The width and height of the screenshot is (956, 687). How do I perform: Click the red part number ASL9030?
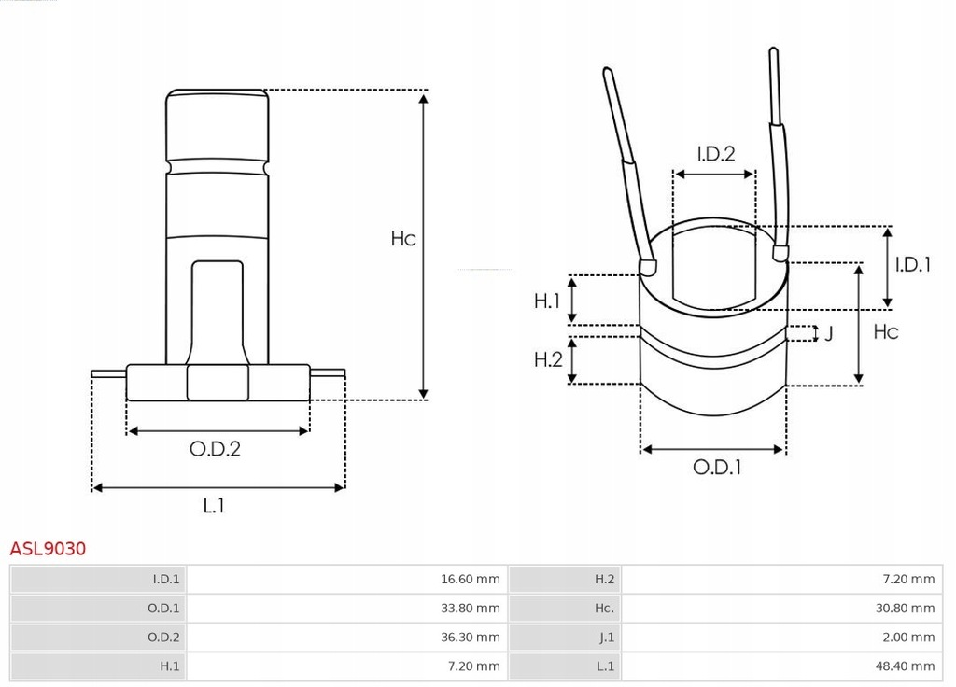click(x=48, y=549)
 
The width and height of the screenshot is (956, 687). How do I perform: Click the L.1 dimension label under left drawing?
click(x=214, y=506)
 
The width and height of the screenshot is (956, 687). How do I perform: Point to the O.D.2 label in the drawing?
click(x=216, y=449)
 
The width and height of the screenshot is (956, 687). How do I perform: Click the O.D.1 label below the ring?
click(x=717, y=467)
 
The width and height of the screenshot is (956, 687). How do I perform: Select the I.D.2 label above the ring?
click(x=716, y=154)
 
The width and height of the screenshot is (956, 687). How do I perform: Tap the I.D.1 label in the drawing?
click(x=913, y=264)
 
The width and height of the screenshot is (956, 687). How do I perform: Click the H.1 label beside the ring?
click(x=547, y=301)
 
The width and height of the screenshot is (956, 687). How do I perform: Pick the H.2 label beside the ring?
click(x=548, y=358)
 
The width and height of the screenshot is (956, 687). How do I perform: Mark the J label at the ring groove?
click(x=828, y=333)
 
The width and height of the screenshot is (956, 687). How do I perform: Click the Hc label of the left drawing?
click(x=402, y=239)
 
